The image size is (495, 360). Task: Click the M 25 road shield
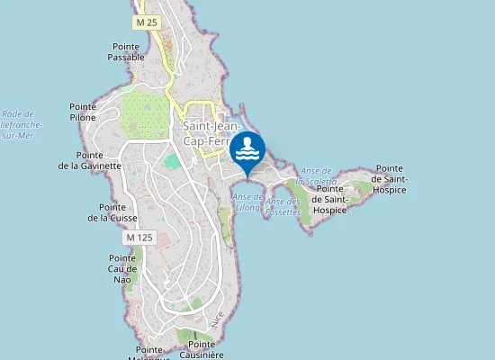click(x=147, y=21)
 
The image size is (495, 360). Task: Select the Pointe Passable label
click(x=126, y=51)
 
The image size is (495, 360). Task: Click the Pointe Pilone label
click(x=83, y=112)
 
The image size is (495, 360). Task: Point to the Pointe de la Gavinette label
click(x=90, y=160)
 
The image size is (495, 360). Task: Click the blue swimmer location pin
click(x=247, y=150)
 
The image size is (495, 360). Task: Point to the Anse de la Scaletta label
click(x=319, y=175)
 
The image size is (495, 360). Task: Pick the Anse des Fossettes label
click(x=283, y=206)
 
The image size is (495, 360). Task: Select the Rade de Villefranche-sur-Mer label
click(x=18, y=124)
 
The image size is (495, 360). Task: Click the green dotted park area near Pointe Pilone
click(x=144, y=113)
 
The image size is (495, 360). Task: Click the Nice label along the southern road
click(x=216, y=319)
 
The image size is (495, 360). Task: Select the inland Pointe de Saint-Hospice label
click(x=329, y=199)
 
